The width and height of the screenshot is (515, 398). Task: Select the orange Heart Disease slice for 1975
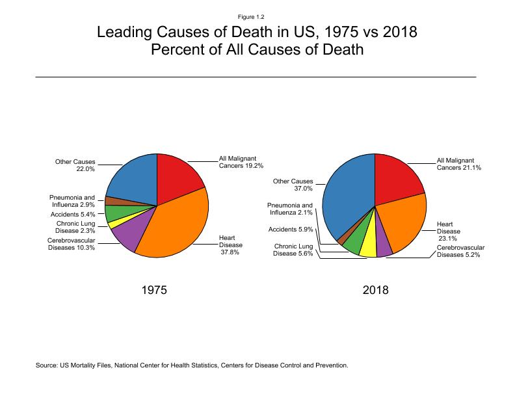point(176,228)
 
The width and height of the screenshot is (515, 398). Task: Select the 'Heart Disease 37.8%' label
point(231,245)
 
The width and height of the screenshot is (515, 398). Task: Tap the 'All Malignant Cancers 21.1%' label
point(456,164)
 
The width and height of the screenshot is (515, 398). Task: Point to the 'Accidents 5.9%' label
point(291,229)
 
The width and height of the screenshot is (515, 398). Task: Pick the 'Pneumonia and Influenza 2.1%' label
point(291,209)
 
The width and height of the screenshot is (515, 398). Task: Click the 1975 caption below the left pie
point(154,291)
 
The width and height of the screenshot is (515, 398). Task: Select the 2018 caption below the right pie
point(375,291)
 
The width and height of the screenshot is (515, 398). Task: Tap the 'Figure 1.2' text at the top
point(257,16)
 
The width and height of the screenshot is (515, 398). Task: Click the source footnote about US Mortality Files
point(192,365)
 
